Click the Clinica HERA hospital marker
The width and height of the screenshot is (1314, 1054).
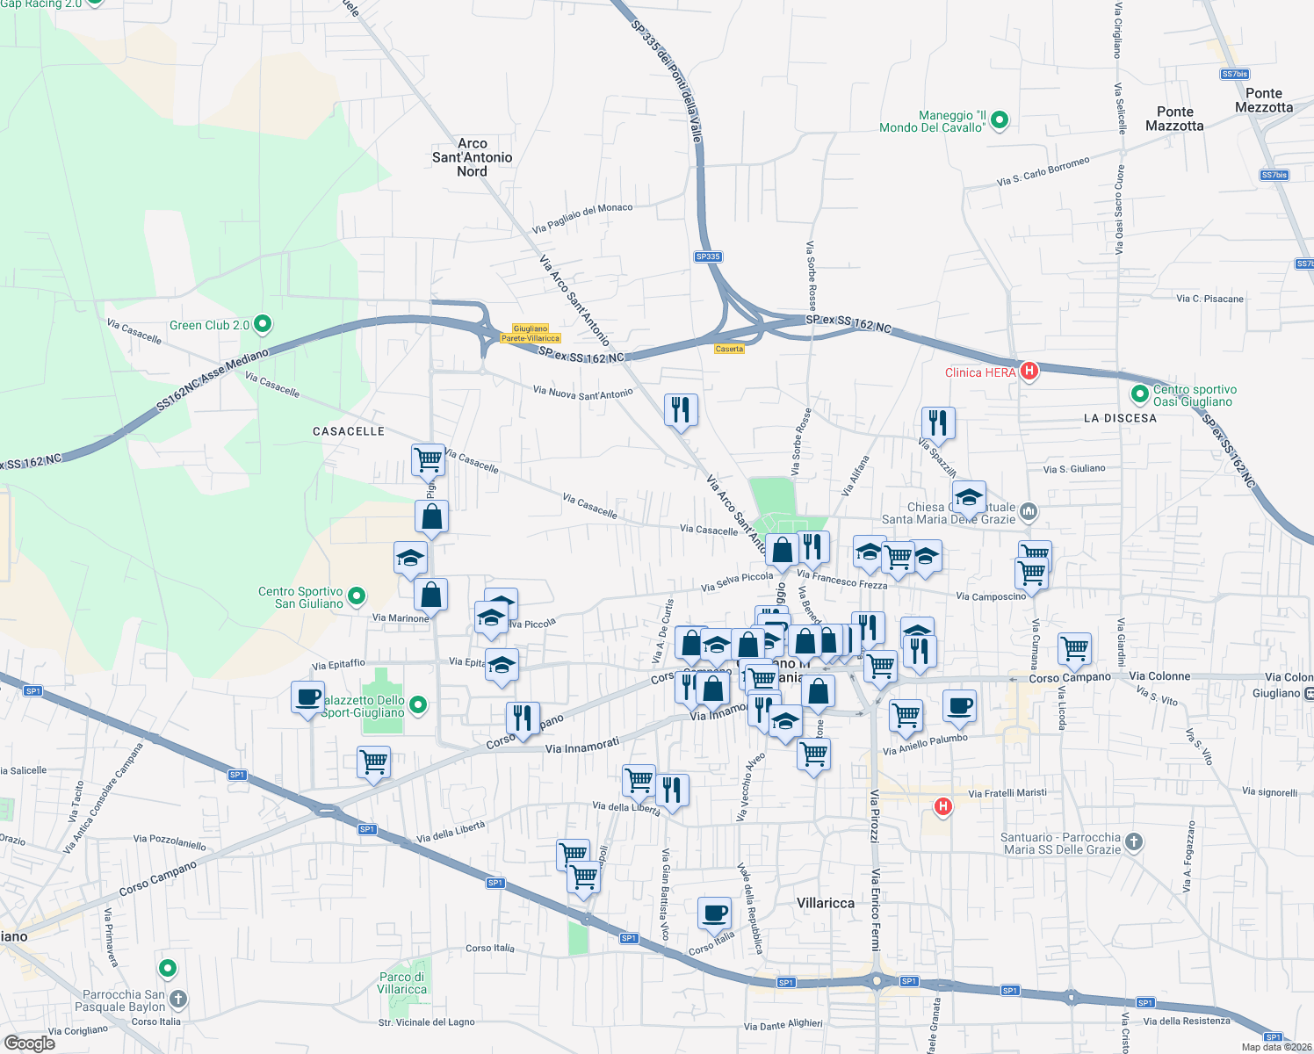tap(1029, 371)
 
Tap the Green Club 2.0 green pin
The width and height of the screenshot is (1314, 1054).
tap(261, 325)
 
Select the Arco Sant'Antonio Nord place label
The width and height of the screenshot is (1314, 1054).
tap(472, 157)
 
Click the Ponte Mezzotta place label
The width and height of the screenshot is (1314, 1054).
tap(1263, 100)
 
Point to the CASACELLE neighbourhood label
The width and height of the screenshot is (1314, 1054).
tap(349, 431)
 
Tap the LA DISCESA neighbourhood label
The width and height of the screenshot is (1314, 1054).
tap(1120, 418)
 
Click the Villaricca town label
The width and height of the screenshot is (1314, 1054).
tap(825, 903)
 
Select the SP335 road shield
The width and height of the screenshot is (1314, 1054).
tap(707, 256)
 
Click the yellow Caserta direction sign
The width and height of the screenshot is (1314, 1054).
tap(729, 349)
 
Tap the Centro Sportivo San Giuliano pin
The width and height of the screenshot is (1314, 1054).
tap(356, 597)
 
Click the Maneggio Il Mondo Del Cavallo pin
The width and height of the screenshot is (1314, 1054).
tap(999, 120)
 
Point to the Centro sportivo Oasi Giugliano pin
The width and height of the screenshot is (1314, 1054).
tap(1140, 394)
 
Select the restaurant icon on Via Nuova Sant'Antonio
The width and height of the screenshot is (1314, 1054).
tap(681, 409)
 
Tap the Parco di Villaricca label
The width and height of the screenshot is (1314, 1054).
tap(402, 983)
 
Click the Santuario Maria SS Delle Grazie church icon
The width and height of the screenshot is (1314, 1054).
tap(1134, 842)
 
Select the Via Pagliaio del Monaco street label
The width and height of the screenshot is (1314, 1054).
tap(582, 218)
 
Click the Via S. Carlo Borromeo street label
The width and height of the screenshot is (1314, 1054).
tap(1043, 171)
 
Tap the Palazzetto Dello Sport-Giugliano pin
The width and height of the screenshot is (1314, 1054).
tap(418, 704)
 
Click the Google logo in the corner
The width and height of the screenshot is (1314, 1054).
tap(29, 1043)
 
